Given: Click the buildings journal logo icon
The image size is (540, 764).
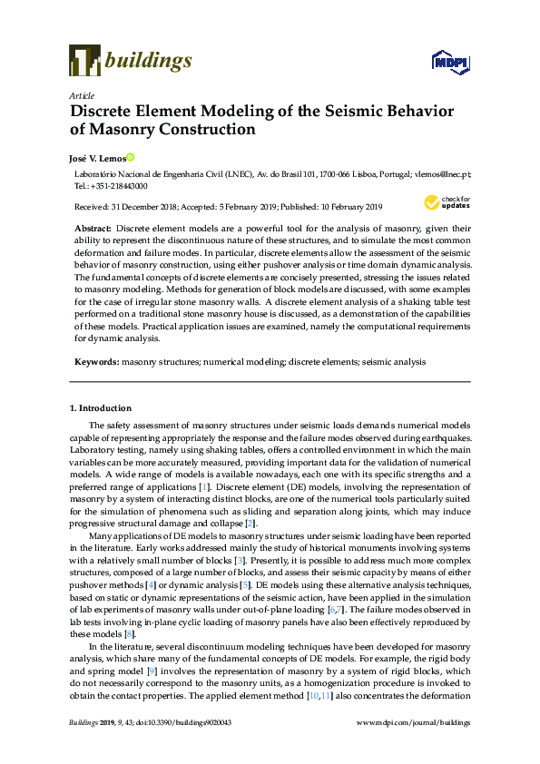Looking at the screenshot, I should point(84,61).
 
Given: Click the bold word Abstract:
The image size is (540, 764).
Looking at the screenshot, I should point(93,228).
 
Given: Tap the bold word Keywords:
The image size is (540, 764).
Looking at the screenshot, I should point(96,361).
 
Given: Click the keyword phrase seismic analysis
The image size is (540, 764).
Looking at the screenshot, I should point(394,361).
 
